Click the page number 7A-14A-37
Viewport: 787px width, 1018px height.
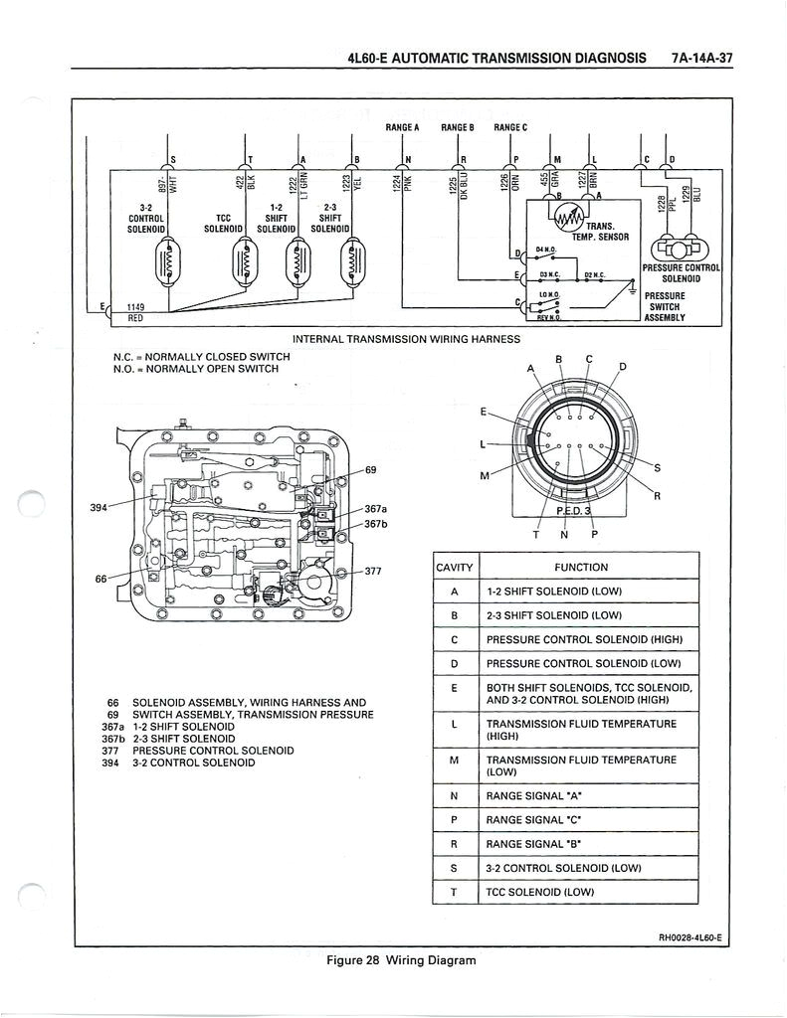click(x=701, y=58)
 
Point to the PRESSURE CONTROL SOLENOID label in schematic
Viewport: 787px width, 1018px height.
click(x=682, y=273)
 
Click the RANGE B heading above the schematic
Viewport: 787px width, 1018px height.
click(x=458, y=128)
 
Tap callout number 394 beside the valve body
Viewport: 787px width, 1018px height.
click(x=98, y=507)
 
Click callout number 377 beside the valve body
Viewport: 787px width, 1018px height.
click(x=374, y=573)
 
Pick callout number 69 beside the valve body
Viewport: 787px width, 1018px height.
click(x=371, y=469)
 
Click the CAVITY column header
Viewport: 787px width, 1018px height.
click(x=455, y=568)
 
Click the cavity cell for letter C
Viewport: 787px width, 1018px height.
click(x=455, y=639)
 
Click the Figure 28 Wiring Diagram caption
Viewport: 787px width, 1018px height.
click(x=401, y=960)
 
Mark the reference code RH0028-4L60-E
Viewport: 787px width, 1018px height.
click(x=693, y=937)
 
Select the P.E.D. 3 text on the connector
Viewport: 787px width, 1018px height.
click(x=573, y=511)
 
